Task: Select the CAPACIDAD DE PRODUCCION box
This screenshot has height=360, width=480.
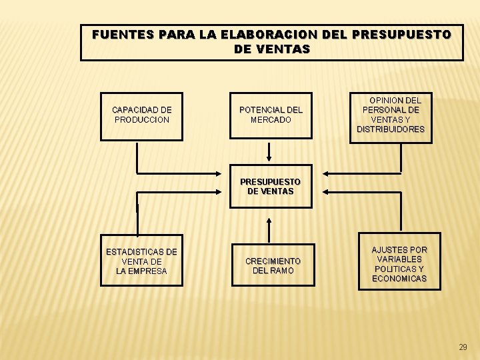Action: click(141, 115)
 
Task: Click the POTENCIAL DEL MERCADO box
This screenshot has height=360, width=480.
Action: click(270, 115)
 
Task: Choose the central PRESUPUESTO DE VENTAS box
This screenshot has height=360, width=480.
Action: click(270, 187)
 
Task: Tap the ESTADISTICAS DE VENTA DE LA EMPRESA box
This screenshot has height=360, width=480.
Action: click(141, 261)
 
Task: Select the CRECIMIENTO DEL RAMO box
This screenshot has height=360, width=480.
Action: click(273, 265)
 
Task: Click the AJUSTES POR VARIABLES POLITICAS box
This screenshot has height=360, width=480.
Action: click(399, 264)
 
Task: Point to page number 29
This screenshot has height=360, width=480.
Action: click(463, 347)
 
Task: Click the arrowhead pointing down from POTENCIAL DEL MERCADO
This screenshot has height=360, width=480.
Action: click(269, 159)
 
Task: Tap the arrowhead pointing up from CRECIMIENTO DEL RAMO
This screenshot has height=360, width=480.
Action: click(269, 221)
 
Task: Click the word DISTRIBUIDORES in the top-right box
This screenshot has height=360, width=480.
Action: click(391, 129)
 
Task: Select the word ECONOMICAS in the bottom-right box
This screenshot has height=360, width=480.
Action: click(399, 279)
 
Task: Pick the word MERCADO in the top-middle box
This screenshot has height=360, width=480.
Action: click(271, 120)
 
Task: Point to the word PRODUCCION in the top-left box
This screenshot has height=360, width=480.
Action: click(142, 120)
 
